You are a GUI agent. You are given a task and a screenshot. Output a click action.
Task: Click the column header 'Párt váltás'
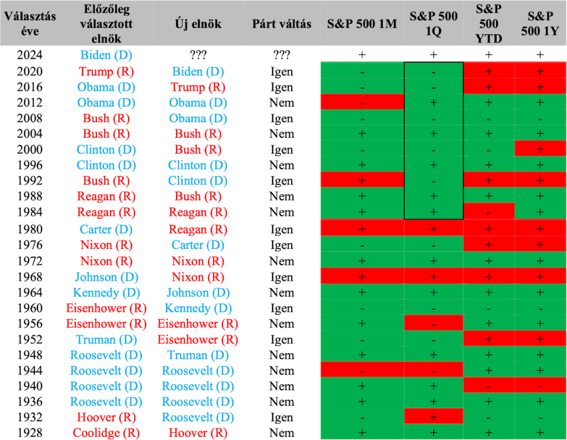click(281, 24)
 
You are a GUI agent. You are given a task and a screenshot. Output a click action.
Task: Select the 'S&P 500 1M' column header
click(362, 24)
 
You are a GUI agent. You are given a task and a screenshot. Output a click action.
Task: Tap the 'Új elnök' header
click(198, 24)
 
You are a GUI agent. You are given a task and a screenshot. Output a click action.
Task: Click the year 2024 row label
click(30, 55)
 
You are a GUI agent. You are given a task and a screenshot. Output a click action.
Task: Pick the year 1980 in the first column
click(30, 229)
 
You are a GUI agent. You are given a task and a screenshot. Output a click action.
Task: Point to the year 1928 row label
click(30, 433)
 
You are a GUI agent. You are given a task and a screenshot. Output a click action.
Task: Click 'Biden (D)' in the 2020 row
click(198, 71)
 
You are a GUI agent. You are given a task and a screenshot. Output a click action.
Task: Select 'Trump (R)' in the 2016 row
click(198, 87)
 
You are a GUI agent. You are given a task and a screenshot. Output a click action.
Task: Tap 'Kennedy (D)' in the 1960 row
click(198, 308)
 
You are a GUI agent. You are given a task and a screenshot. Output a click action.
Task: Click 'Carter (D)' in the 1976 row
click(198, 245)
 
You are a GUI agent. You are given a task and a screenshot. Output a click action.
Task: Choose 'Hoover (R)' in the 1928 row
click(198, 433)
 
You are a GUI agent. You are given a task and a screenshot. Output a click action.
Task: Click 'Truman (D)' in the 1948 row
click(198, 355)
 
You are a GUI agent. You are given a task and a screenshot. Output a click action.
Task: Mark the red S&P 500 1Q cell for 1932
click(434, 416)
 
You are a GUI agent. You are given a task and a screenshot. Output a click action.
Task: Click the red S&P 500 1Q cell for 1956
click(434, 323)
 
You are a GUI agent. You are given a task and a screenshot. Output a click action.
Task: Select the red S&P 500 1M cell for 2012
click(362, 101)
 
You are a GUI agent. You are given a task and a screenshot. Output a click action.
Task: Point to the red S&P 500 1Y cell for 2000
click(540, 149)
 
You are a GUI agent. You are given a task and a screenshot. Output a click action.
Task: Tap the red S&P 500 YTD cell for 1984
click(489, 211)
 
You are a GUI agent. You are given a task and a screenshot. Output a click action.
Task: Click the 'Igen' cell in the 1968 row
click(282, 277)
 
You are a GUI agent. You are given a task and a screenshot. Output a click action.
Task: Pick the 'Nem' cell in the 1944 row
click(282, 371)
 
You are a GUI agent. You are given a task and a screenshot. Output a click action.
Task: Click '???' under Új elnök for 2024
click(198, 55)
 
